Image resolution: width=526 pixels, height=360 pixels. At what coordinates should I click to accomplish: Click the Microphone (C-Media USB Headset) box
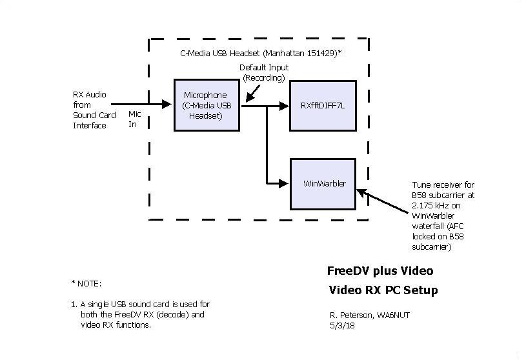(207, 105)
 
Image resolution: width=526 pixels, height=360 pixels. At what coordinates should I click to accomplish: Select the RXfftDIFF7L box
(322, 105)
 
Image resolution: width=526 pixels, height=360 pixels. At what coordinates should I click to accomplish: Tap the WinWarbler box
(322, 183)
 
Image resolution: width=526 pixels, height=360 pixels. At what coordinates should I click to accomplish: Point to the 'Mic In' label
(134, 119)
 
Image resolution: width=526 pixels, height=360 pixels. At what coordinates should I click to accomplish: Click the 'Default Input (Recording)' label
(264, 72)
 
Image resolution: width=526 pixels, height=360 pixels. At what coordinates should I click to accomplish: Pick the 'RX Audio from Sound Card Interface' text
(94, 110)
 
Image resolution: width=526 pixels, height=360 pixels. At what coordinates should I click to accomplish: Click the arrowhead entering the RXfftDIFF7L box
(284, 105)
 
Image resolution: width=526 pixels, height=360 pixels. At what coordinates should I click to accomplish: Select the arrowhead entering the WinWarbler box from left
(284, 183)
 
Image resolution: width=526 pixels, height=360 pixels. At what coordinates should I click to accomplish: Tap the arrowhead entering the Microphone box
(168, 103)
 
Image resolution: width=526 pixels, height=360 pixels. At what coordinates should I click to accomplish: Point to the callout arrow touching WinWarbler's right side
(361, 192)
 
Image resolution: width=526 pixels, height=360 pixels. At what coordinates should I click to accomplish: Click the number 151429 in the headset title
(320, 52)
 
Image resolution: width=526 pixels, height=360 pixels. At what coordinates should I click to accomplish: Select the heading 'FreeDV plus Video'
(380, 270)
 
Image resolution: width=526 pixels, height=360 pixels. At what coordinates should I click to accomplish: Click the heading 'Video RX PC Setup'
(383, 290)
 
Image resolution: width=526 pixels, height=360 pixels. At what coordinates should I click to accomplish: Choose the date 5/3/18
(342, 325)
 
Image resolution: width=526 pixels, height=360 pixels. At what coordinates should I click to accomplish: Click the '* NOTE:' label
(86, 283)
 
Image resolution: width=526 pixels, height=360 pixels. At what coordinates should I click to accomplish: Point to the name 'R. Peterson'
(349, 315)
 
